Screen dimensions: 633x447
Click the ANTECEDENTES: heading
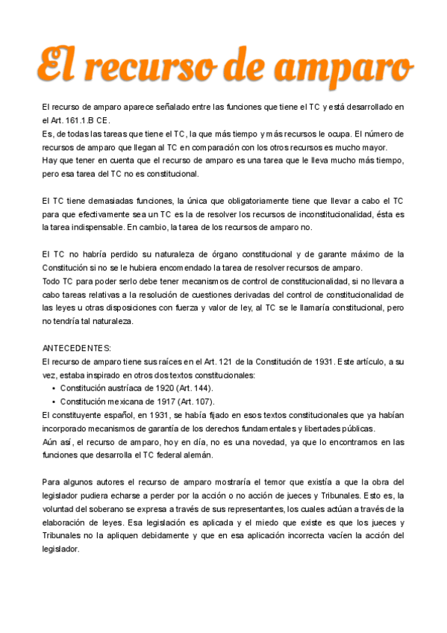point(77,348)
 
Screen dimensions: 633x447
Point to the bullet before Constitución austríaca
point(54,388)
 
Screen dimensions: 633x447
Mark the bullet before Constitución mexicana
point(54,402)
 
